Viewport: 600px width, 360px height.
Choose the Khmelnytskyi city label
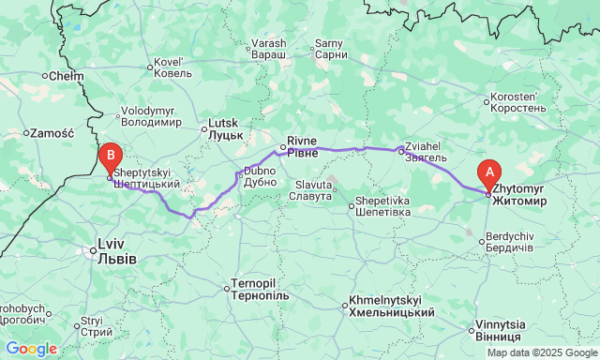(x=391, y=306)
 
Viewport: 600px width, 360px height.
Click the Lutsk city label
(x=225, y=128)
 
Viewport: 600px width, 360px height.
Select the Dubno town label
(x=260, y=176)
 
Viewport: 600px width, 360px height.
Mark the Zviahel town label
(x=426, y=153)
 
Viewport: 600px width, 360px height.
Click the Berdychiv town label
(x=507, y=241)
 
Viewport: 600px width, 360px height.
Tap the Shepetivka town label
(x=382, y=206)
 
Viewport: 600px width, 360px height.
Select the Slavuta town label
(x=311, y=189)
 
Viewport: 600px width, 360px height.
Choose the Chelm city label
(x=66, y=75)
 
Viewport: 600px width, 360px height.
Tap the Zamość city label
(x=46, y=132)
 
